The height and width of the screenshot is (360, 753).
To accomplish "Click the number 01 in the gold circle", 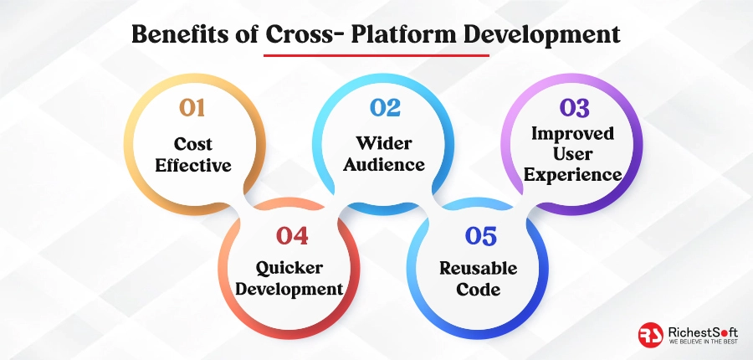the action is (192, 108).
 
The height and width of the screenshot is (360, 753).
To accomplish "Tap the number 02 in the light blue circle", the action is (385, 108).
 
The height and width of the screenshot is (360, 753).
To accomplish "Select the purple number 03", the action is (574, 108).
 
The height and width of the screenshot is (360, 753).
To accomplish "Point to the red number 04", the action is (292, 235).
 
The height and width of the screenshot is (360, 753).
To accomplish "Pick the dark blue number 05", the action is (481, 236).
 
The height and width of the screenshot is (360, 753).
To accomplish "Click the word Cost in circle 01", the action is (193, 144).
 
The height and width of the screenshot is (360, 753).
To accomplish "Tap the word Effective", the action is (193, 165).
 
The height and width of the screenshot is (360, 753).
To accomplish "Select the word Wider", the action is (384, 143).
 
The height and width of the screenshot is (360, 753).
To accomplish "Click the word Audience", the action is (384, 164).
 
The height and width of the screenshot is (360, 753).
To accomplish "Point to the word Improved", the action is (572, 134).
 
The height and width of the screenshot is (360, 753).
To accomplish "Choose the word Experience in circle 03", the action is (572, 175).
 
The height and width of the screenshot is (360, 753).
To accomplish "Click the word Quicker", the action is (289, 268).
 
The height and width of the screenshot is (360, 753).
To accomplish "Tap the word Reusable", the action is (479, 268).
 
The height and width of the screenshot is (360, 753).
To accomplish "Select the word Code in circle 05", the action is (479, 290).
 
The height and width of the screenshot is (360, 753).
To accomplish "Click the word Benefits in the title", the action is (189, 35).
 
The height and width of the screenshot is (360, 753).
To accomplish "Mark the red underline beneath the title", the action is (376, 55).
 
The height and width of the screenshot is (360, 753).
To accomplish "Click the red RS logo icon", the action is (651, 335).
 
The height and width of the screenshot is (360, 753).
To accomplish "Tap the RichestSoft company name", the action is (703, 332).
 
